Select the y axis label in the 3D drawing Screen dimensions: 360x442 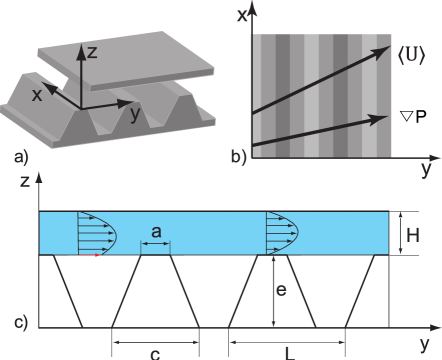(135, 113)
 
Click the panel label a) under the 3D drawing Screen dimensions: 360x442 (21, 157)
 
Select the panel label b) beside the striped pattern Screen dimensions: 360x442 (238, 157)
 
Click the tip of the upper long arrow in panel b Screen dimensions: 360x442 (390, 46)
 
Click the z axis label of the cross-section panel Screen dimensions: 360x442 (23, 182)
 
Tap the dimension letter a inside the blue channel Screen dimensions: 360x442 (156, 232)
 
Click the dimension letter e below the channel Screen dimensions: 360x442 (283, 290)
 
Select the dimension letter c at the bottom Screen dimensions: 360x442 (155, 352)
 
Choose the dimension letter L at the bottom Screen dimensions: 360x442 (287, 352)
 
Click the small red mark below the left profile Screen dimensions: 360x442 (96, 256)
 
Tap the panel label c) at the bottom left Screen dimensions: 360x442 (21, 323)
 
